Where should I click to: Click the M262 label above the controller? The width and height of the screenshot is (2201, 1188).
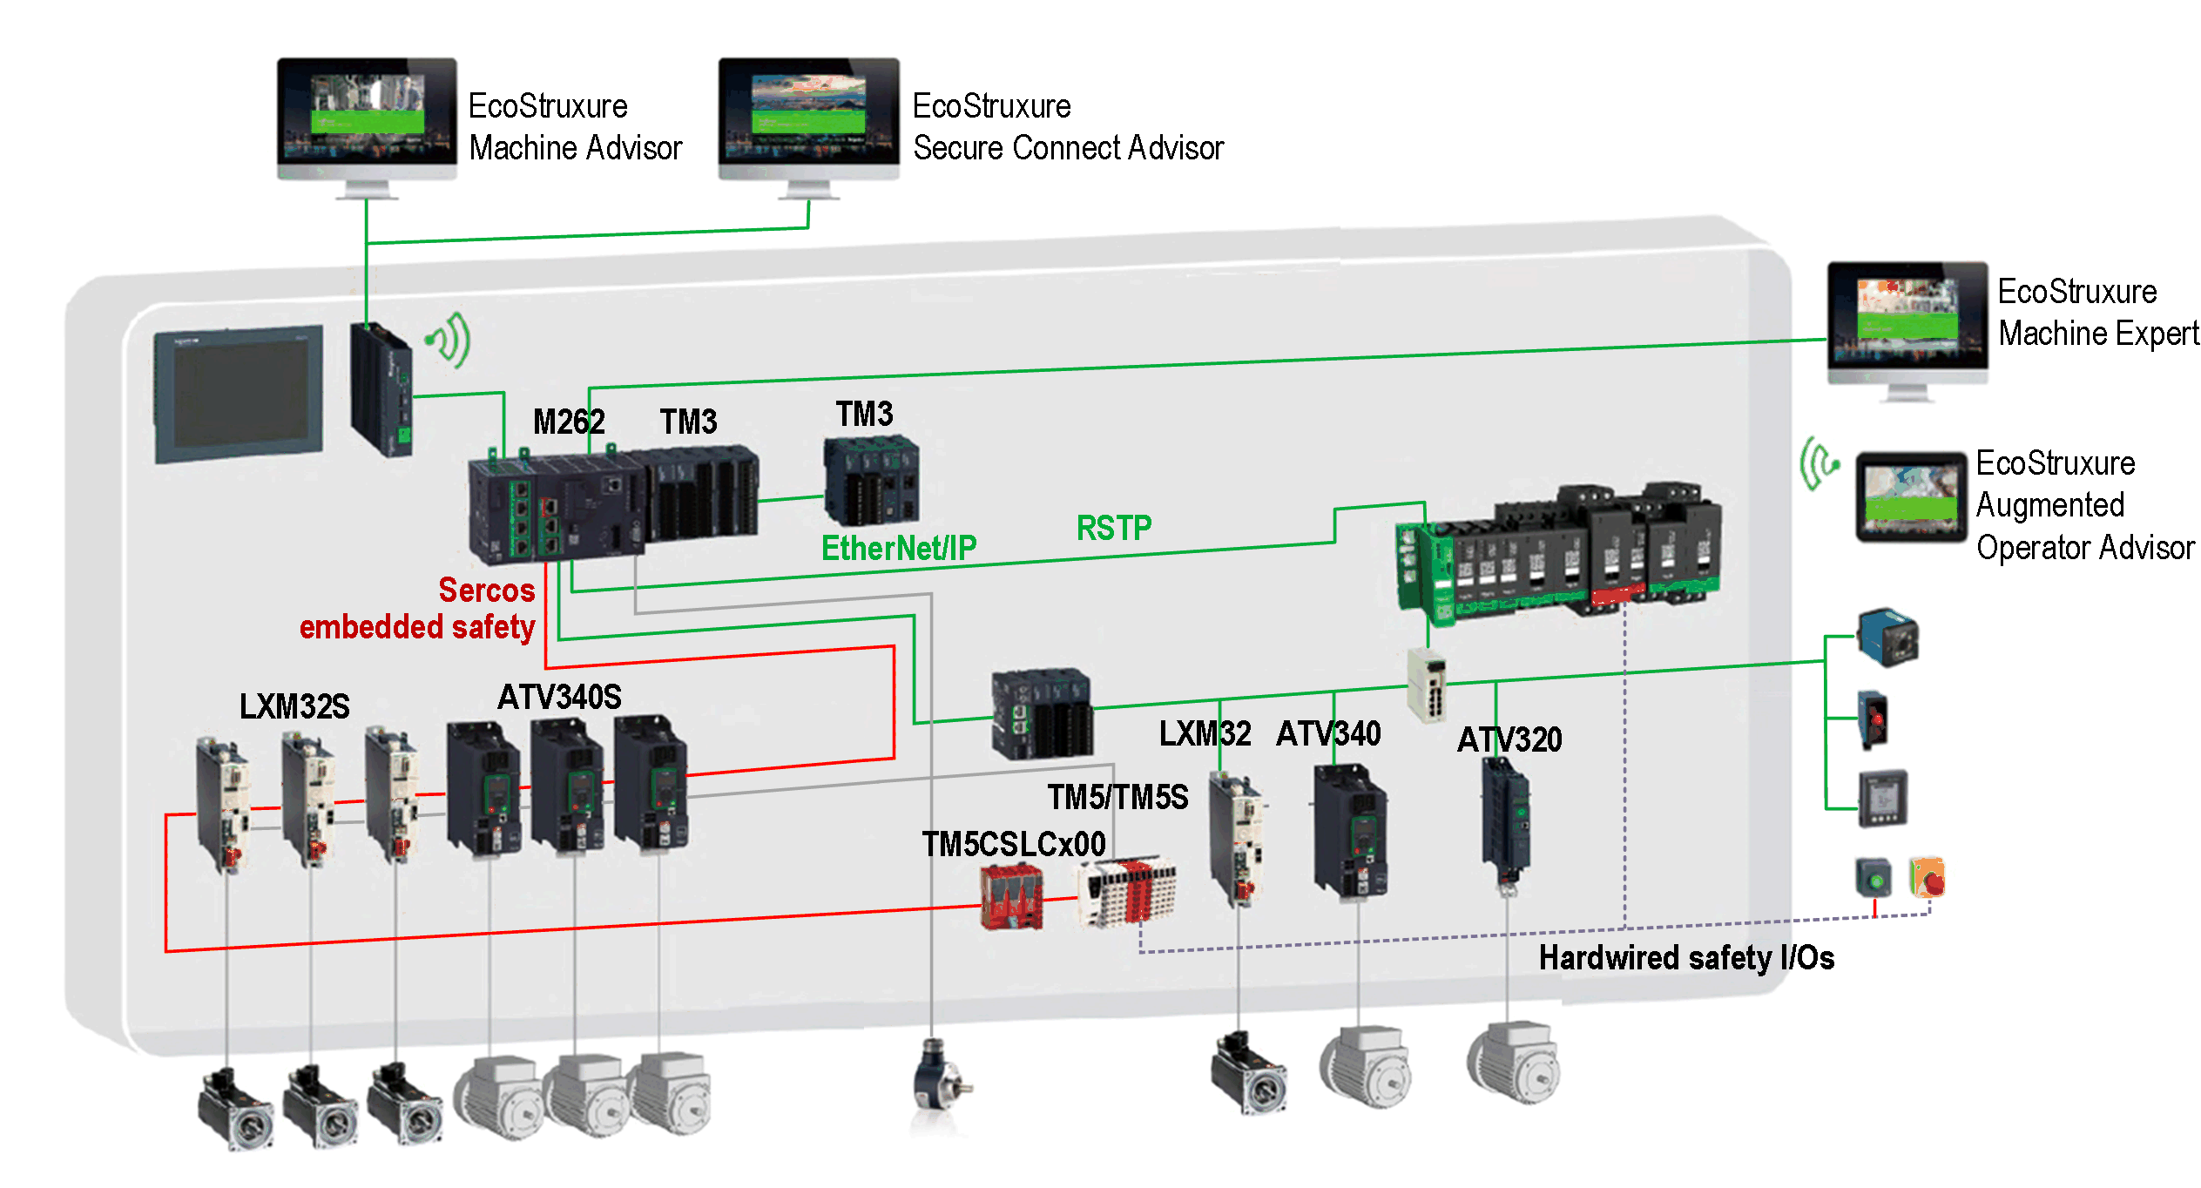pos(568,422)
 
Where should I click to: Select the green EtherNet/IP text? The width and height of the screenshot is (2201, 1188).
pos(898,548)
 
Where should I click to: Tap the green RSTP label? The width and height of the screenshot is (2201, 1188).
pos(1113,528)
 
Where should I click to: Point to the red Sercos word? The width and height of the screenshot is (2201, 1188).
pos(486,590)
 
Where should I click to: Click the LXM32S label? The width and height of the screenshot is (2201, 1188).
pos(294,706)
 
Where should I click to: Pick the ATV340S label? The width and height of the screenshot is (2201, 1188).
pos(559,697)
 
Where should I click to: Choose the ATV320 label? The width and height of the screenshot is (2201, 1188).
pos(1509,739)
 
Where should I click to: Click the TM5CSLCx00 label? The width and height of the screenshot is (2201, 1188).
pos(1013,844)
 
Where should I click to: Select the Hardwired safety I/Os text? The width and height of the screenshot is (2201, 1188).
pos(1685,957)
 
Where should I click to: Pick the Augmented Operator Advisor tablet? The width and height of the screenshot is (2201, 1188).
pos(1910,496)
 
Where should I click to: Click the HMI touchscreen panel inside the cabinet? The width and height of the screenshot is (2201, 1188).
pos(240,394)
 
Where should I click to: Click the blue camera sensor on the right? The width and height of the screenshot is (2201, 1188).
pos(1887,636)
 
